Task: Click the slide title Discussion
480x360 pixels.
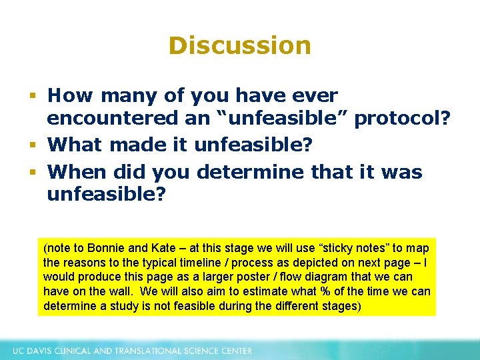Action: pos(239,45)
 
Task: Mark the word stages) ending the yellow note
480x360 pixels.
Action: pos(341,306)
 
